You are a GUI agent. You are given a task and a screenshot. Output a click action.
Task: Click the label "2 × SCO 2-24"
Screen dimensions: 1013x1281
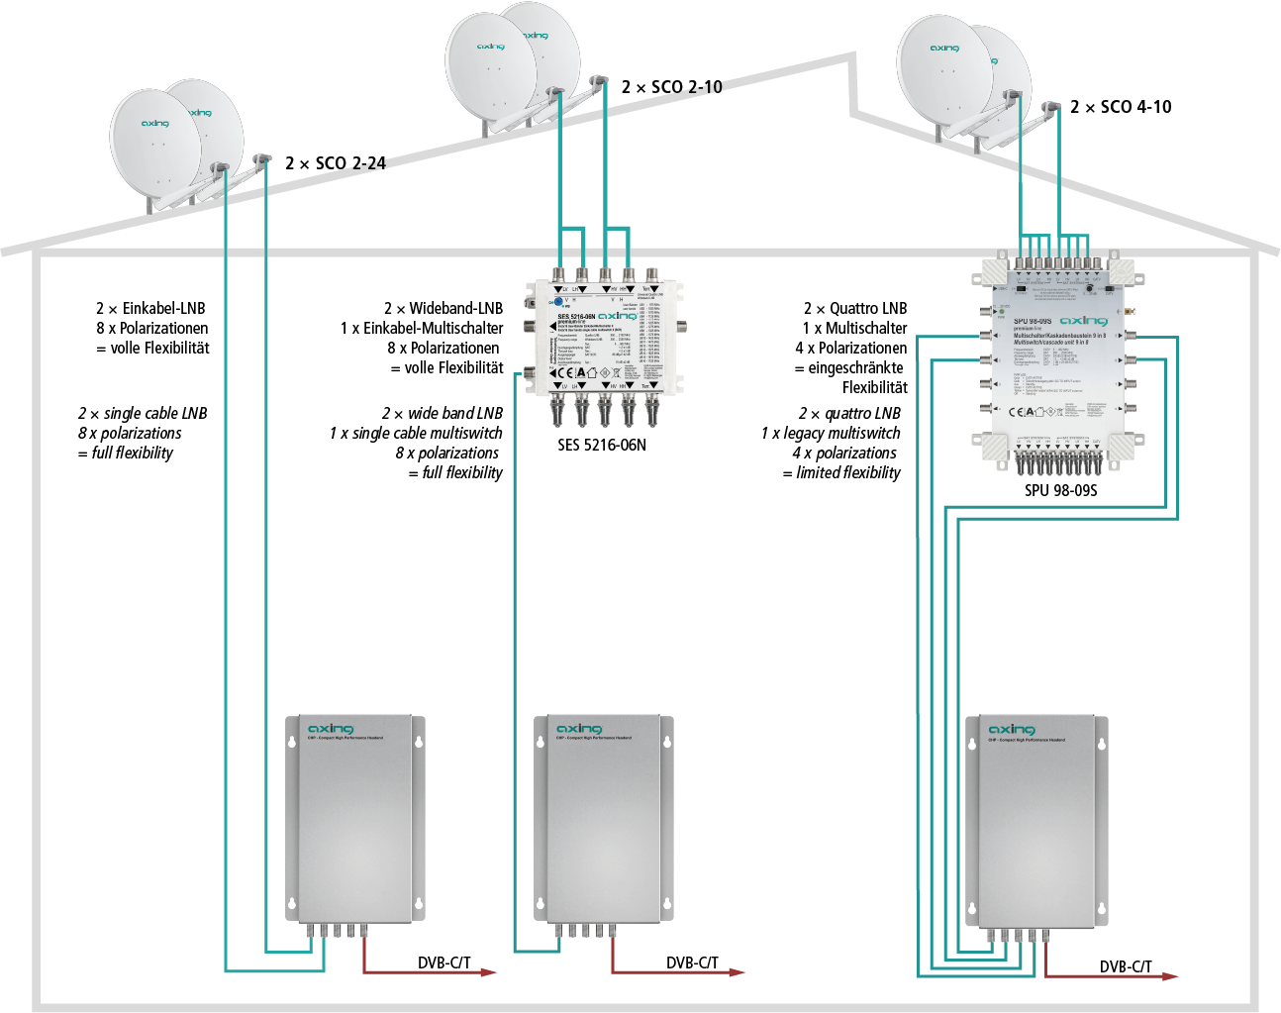coord(336,163)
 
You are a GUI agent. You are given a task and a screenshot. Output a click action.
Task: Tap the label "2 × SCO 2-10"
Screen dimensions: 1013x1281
coord(672,87)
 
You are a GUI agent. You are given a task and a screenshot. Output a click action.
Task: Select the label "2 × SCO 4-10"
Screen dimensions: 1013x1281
coord(1121,107)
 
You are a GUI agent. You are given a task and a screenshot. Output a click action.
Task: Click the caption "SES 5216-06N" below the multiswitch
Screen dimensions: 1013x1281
coord(602,446)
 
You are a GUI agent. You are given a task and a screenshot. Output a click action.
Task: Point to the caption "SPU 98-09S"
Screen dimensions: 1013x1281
coord(1061,490)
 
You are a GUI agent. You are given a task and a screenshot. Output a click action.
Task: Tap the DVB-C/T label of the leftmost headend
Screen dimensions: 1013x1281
coord(444,962)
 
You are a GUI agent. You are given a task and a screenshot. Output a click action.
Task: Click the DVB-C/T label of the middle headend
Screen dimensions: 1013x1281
coord(692,962)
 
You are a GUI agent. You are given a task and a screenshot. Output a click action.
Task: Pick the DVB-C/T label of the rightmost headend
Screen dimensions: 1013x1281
coord(1126,966)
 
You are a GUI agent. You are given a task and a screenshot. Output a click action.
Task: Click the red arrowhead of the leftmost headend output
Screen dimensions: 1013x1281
coord(489,972)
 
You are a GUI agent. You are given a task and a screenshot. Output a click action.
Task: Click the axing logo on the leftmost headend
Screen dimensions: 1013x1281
coord(331,730)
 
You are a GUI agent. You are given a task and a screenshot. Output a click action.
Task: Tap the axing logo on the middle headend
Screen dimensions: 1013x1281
coord(579,730)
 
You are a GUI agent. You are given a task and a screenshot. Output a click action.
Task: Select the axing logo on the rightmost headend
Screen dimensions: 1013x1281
coord(1011,730)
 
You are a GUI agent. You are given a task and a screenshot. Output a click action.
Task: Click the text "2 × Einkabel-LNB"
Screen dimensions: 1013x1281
coord(150,309)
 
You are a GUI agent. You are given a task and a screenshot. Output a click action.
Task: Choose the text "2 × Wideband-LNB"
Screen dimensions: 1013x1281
coord(443,309)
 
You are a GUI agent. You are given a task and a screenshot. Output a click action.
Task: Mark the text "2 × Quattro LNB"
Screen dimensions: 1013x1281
coord(855,309)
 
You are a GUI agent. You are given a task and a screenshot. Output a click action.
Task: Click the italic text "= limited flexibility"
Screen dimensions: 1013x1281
coord(841,473)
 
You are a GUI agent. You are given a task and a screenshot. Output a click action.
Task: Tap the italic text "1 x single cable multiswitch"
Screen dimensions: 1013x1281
coord(416,434)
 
